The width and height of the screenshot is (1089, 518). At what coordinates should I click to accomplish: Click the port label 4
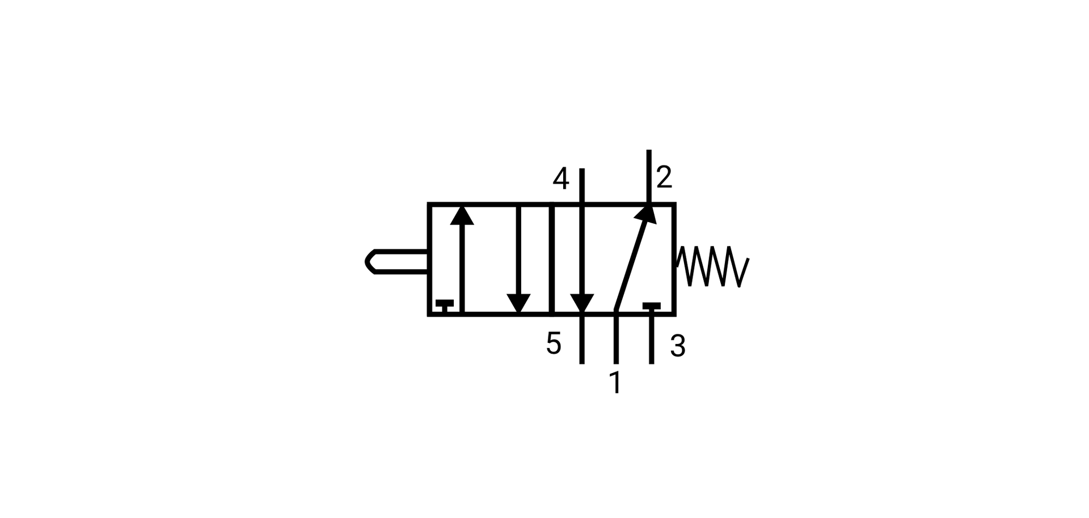[560, 179]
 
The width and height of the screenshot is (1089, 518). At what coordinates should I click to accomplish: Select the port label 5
[554, 343]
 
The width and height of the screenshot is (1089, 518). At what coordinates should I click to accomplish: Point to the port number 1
[615, 383]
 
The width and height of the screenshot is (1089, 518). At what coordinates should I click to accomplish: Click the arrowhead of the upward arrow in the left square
[462, 215]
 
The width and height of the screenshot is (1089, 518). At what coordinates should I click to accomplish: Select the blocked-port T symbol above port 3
[651, 307]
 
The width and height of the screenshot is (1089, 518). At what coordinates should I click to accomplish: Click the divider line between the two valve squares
[551, 258]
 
